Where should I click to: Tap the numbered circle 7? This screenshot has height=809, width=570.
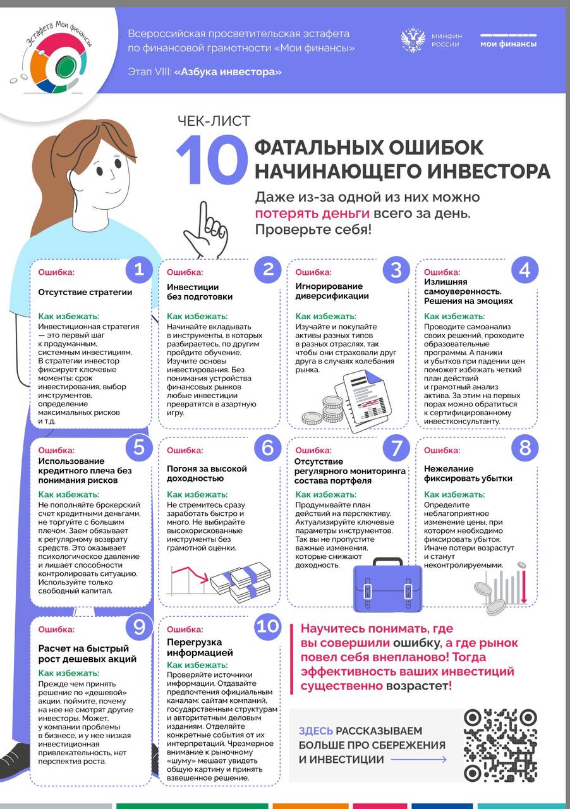click(x=396, y=448)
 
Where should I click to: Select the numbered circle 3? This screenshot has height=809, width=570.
click(x=396, y=270)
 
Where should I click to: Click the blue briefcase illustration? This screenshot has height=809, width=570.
click(x=387, y=585)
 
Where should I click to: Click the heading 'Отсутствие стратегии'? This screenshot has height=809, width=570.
click(x=85, y=292)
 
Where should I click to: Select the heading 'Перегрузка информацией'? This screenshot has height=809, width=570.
click(x=200, y=647)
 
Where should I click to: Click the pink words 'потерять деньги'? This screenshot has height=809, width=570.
click(x=312, y=214)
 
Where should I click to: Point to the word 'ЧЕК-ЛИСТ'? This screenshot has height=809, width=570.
click(x=214, y=121)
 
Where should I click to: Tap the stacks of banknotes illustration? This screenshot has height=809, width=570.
click(x=240, y=582)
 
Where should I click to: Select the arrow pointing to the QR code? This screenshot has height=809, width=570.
click(x=418, y=760)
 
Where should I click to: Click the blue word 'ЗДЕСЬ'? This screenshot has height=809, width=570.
click(x=315, y=731)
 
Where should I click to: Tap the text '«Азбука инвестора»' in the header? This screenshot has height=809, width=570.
click(x=227, y=72)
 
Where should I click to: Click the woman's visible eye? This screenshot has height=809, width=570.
click(x=100, y=171)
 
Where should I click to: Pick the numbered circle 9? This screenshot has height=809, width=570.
click(x=139, y=626)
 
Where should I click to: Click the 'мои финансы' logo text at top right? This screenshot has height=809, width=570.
click(x=508, y=44)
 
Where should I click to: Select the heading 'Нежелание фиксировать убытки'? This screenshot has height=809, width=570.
click(x=468, y=473)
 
